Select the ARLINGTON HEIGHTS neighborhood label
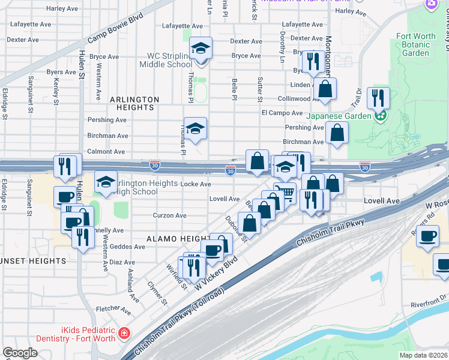click(x=134, y=103)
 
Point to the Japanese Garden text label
click(x=334, y=116)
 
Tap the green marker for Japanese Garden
click(x=379, y=116)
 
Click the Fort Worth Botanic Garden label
click(x=416, y=44)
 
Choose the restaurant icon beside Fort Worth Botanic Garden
click(x=378, y=97)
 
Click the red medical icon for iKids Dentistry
click(x=124, y=332)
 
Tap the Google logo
click(x=20, y=353)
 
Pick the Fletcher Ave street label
click(x=113, y=310)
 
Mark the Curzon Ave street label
click(x=170, y=215)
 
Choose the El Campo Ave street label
click(x=282, y=113)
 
